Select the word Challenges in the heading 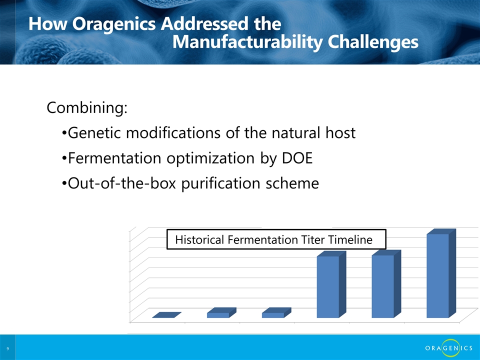(x=373, y=42)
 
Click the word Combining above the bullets (x=87, y=108)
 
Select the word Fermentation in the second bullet (x=114, y=158)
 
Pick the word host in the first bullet (x=340, y=133)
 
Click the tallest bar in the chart (x=438, y=275)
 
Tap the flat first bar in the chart (x=166, y=315)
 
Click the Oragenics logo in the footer (x=449, y=348)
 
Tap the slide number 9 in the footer (x=7, y=348)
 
